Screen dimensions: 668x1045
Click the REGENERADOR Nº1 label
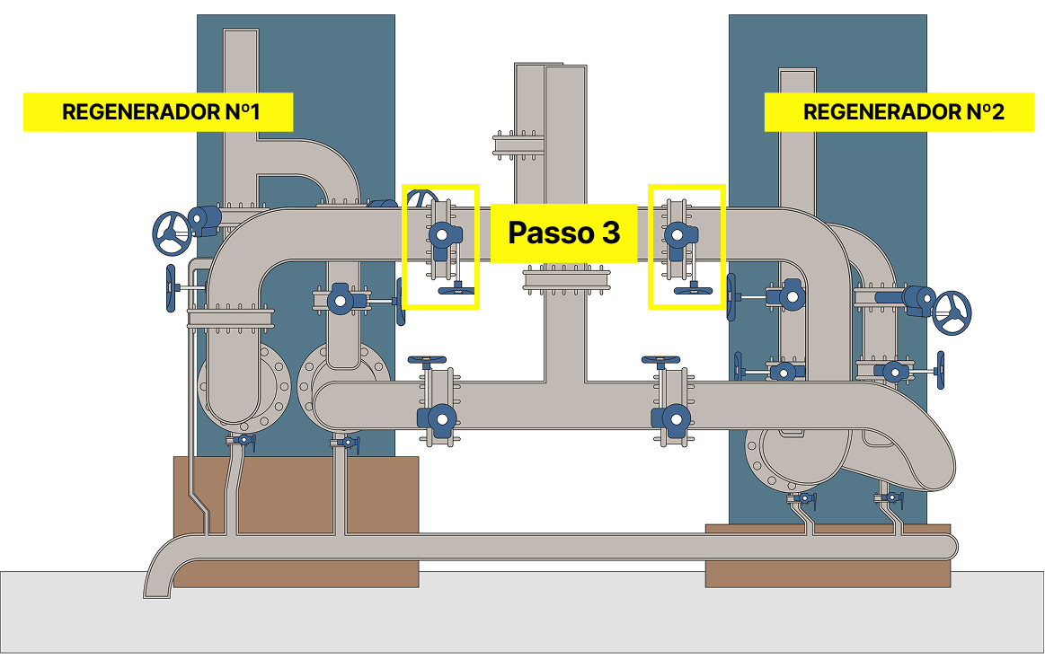point(158,112)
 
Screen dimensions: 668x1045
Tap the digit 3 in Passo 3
point(610,233)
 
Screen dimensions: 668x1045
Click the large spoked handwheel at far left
point(171,232)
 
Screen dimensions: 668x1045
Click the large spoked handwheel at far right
point(952,312)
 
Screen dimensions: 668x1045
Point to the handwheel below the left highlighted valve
point(456,290)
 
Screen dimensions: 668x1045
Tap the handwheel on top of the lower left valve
point(427,360)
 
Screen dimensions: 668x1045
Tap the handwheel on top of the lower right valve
point(661,360)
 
